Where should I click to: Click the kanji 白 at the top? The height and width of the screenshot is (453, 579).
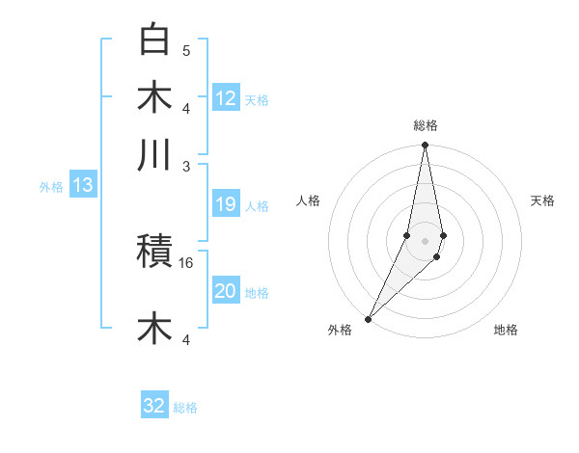pos(155,40)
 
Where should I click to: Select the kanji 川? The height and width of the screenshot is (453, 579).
pos(155,155)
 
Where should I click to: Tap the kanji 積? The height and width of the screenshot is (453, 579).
pos(155,253)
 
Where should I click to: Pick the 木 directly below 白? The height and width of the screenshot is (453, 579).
pos(155,97)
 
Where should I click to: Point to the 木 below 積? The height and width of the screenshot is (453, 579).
pos(155,328)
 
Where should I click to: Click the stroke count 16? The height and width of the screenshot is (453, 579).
pos(186,262)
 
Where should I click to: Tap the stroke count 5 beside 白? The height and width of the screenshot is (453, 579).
pos(186,50)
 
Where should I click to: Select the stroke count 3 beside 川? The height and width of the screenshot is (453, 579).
pos(186,166)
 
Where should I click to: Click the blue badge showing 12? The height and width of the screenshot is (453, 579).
pos(226,97)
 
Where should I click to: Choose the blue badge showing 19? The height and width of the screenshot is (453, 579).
pos(226,204)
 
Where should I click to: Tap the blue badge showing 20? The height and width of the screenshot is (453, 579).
pos(226,291)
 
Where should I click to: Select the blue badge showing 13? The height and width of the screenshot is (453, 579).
pos(82,185)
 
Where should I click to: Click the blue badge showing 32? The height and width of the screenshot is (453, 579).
pos(154,406)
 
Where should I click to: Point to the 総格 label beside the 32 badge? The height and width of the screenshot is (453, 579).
pos(185,408)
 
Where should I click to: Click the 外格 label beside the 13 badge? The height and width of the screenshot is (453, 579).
pos(51,187)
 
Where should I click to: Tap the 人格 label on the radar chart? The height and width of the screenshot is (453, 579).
pos(309,200)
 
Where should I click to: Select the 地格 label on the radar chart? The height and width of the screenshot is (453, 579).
pos(506,330)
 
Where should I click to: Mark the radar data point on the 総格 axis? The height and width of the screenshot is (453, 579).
pos(425,147)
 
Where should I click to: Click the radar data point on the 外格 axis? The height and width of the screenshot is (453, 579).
pos(369,318)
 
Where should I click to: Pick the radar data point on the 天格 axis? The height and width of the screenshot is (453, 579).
pos(443,236)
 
